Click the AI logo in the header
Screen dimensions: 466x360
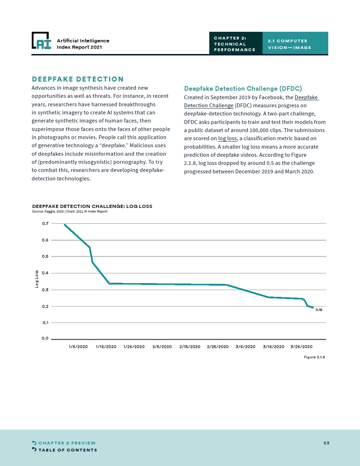pos(42,41)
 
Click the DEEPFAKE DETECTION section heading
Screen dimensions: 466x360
pos(78,79)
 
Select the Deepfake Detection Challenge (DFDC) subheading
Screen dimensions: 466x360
pos(243,89)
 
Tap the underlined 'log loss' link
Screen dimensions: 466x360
pos(227,138)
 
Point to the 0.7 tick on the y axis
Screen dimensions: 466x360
pos(45,223)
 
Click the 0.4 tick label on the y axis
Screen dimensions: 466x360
pos(45,273)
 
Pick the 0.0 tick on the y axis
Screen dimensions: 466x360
pos(45,338)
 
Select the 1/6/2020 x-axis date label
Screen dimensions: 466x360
pos(78,347)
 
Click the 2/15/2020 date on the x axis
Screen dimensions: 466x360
pos(190,347)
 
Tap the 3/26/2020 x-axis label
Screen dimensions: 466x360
pos(301,347)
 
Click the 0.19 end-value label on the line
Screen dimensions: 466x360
pos(319,310)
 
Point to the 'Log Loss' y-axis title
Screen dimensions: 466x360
pos(37,279)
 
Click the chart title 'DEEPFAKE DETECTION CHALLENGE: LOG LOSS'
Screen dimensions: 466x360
pos(92,206)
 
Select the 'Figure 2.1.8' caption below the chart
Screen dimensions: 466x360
pos(314,357)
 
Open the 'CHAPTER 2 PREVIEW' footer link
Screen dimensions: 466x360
pos(67,443)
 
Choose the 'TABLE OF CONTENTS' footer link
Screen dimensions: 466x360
pos(67,450)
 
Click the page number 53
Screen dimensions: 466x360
pos(326,443)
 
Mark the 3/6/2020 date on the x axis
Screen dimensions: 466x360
pos(246,347)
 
